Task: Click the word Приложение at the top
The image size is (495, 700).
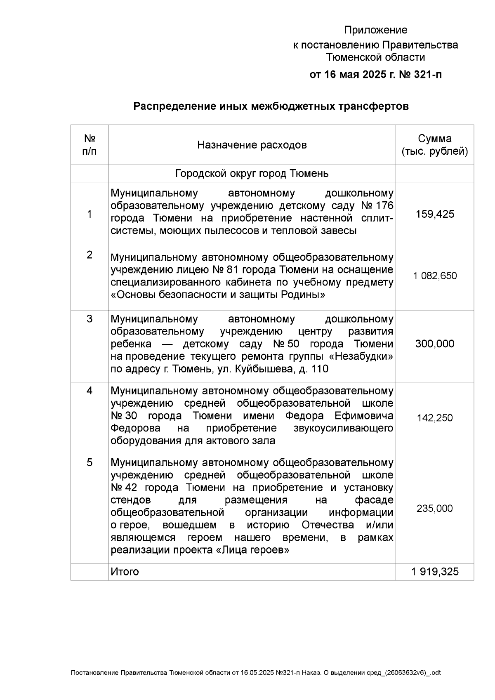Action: [x=375, y=30]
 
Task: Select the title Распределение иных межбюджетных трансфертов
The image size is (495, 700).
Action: [x=271, y=106]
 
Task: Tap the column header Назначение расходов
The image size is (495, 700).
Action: [x=252, y=145]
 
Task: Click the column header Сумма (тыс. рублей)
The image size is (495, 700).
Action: [x=435, y=145]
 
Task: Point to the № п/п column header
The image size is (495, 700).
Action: [x=90, y=144]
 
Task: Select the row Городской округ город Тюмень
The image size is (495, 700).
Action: [x=252, y=173]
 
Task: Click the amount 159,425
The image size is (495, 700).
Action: [x=435, y=214]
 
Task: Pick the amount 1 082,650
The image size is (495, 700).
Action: [x=435, y=276]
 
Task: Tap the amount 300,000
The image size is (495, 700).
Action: [x=435, y=344]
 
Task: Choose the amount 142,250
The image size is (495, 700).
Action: [x=435, y=418]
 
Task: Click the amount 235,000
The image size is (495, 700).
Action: [x=435, y=509]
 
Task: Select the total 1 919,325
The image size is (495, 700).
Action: [x=435, y=572]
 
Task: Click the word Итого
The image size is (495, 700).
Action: [x=125, y=572]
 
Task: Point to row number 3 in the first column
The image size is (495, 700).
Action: [x=90, y=319]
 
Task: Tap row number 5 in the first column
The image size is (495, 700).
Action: [x=90, y=463]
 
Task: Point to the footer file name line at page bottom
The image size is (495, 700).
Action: [x=256, y=673]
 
